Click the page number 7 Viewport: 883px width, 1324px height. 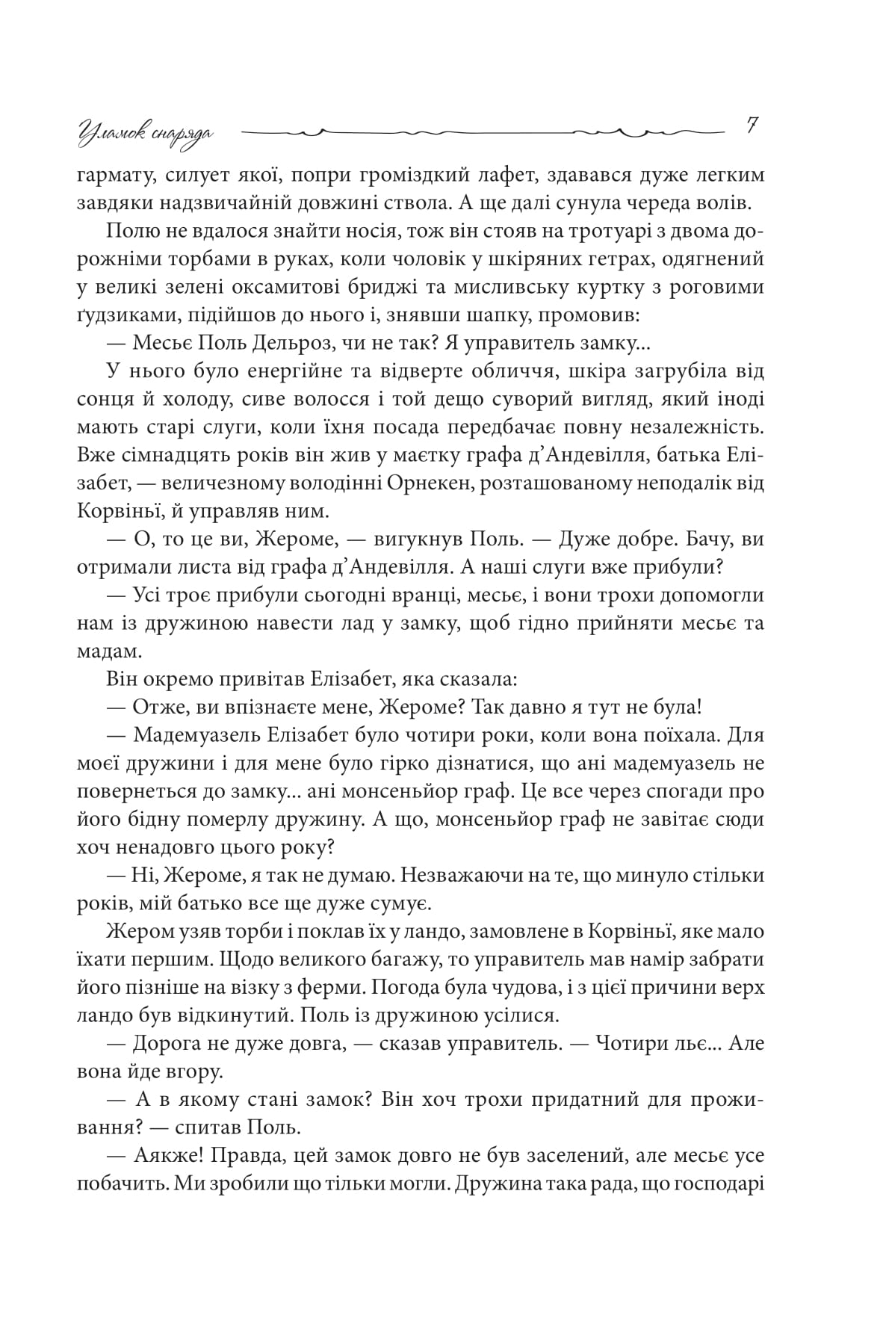tap(752, 126)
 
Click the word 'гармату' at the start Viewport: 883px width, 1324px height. tap(111, 176)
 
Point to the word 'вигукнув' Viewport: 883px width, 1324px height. tap(411, 539)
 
